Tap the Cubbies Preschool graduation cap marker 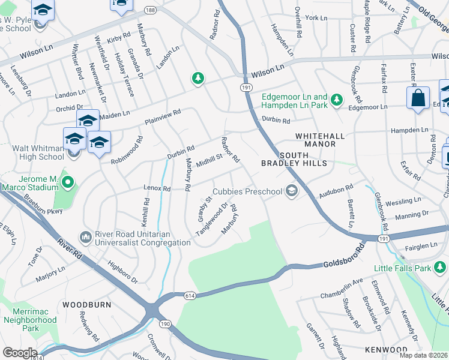click(x=292, y=191)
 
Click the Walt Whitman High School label click(x=32, y=152)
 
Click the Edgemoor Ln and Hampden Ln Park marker click(x=337, y=97)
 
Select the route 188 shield click(x=150, y=10)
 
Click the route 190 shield click(x=166, y=324)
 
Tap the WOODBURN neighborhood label click(x=87, y=305)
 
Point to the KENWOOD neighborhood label click(x=386, y=349)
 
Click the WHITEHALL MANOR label click(x=320, y=136)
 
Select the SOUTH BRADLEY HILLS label click(x=294, y=163)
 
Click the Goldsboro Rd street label click(x=344, y=256)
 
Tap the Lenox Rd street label click(x=157, y=188)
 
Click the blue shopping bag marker click(x=418, y=98)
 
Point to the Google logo click(x=20, y=353)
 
